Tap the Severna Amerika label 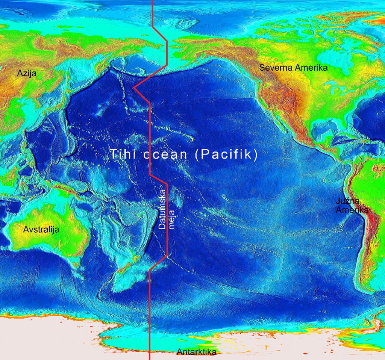tap(293, 68)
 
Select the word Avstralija tap(41, 230)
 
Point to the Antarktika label tap(196, 352)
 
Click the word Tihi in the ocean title tap(123, 154)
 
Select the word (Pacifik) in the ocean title tap(226, 154)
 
